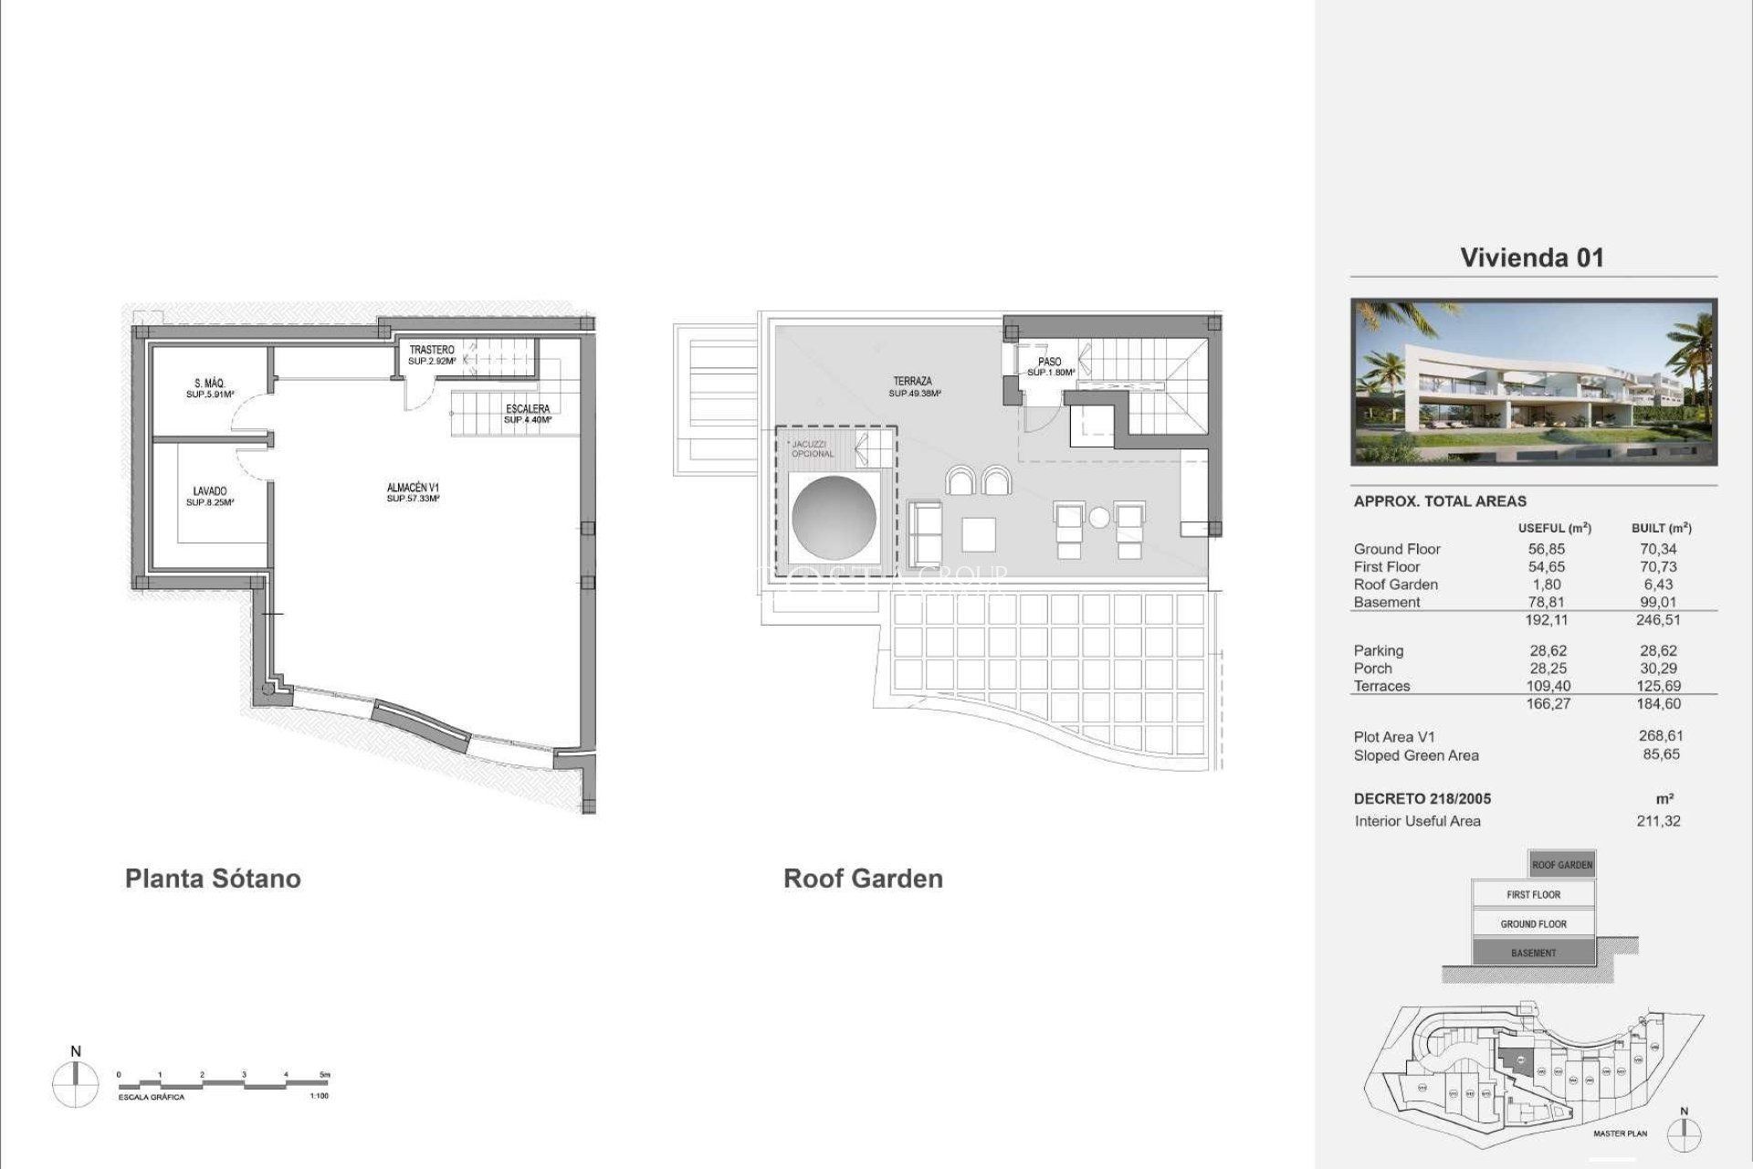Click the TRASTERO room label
click(x=432, y=351)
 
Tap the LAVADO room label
click(x=210, y=492)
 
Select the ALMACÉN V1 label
click(x=413, y=489)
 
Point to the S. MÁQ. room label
click(x=210, y=384)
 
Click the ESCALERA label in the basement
click(x=528, y=409)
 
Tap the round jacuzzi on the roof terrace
click(x=835, y=518)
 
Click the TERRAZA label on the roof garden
click(x=913, y=382)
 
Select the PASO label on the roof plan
click(x=1050, y=363)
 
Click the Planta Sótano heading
click(x=213, y=879)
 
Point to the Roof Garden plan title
click(x=863, y=879)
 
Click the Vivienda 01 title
click(x=1532, y=258)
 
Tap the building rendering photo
click(x=1534, y=382)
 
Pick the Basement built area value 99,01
click(x=1658, y=603)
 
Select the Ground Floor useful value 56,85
click(x=1547, y=550)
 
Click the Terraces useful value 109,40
click(x=1548, y=687)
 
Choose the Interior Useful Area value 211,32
click(x=1658, y=821)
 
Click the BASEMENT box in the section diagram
click(x=1534, y=953)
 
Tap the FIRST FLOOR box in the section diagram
click(x=1534, y=895)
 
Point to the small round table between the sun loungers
click(x=1099, y=518)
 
